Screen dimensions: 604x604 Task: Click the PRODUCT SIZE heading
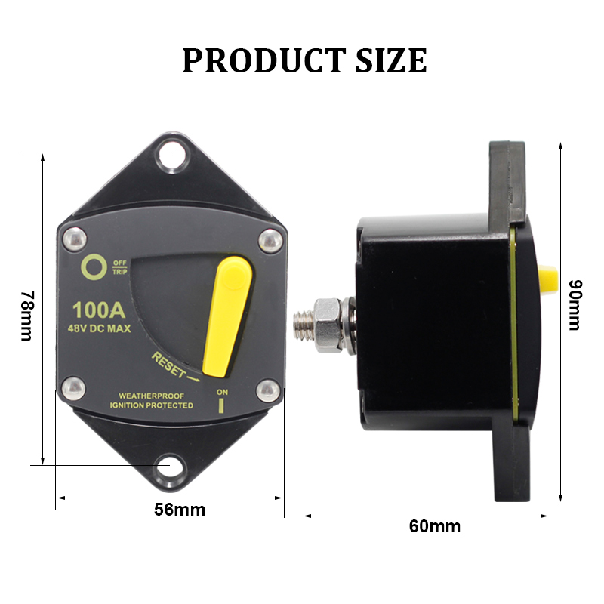(304, 60)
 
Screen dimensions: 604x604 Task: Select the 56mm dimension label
(180, 509)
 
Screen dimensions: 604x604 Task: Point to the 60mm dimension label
(434, 526)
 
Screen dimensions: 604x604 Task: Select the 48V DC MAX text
(100, 328)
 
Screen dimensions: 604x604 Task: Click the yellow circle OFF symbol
(94, 268)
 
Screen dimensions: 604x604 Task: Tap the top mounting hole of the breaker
(171, 155)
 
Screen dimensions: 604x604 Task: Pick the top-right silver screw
(269, 240)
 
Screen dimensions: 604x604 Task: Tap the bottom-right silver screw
(269, 390)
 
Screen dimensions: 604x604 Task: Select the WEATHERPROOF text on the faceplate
(151, 396)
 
